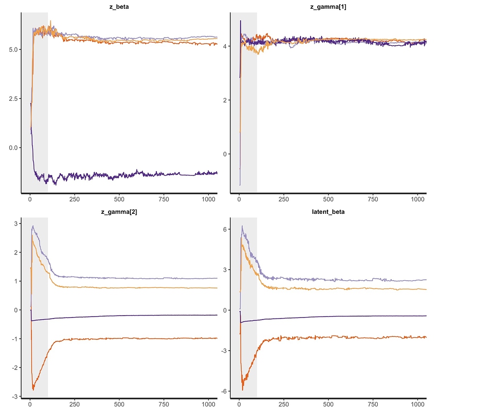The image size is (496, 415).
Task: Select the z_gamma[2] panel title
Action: [119, 212]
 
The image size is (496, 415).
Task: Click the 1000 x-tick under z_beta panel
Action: [208, 199]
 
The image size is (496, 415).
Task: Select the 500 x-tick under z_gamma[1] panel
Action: [328, 199]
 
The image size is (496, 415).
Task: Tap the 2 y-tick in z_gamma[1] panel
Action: [225, 100]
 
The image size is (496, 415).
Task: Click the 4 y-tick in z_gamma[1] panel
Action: [225, 47]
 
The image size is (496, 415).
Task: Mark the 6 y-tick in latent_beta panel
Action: [225, 229]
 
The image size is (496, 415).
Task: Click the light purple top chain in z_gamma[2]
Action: [145, 278]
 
